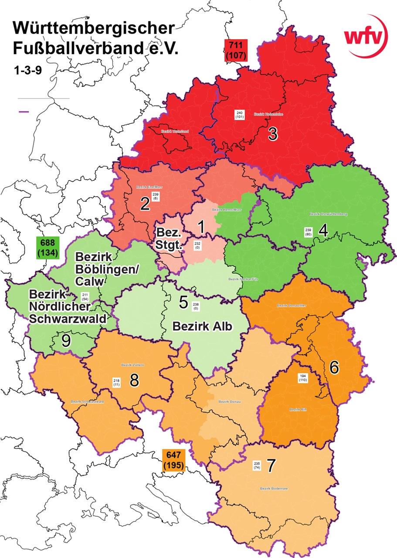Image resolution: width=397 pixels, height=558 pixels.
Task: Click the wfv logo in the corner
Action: pyautogui.click(x=366, y=37)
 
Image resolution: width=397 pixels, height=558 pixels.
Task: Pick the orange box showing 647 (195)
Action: pyautogui.click(x=173, y=460)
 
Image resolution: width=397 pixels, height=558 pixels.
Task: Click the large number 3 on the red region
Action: pyautogui.click(x=273, y=134)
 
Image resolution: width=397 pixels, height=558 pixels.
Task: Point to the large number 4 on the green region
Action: pyautogui.click(x=323, y=230)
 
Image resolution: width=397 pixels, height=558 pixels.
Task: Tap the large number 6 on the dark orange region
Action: pyautogui.click(x=334, y=368)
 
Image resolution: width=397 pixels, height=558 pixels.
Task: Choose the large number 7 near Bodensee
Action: pyautogui.click(x=271, y=466)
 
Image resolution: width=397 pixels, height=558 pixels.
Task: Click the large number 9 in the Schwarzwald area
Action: pyautogui.click(x=66, y=340)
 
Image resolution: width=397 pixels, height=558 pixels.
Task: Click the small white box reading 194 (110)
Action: pyautogui.click(x=303, y=378)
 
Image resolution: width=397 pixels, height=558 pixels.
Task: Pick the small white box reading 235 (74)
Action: pyautogui.click(x=257, y=466)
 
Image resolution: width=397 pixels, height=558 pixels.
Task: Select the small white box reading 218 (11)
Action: pyautogui.click(x=116, y=382)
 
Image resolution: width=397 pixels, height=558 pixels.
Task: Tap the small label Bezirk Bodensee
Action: pyautogui.click(x=272, y=488)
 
